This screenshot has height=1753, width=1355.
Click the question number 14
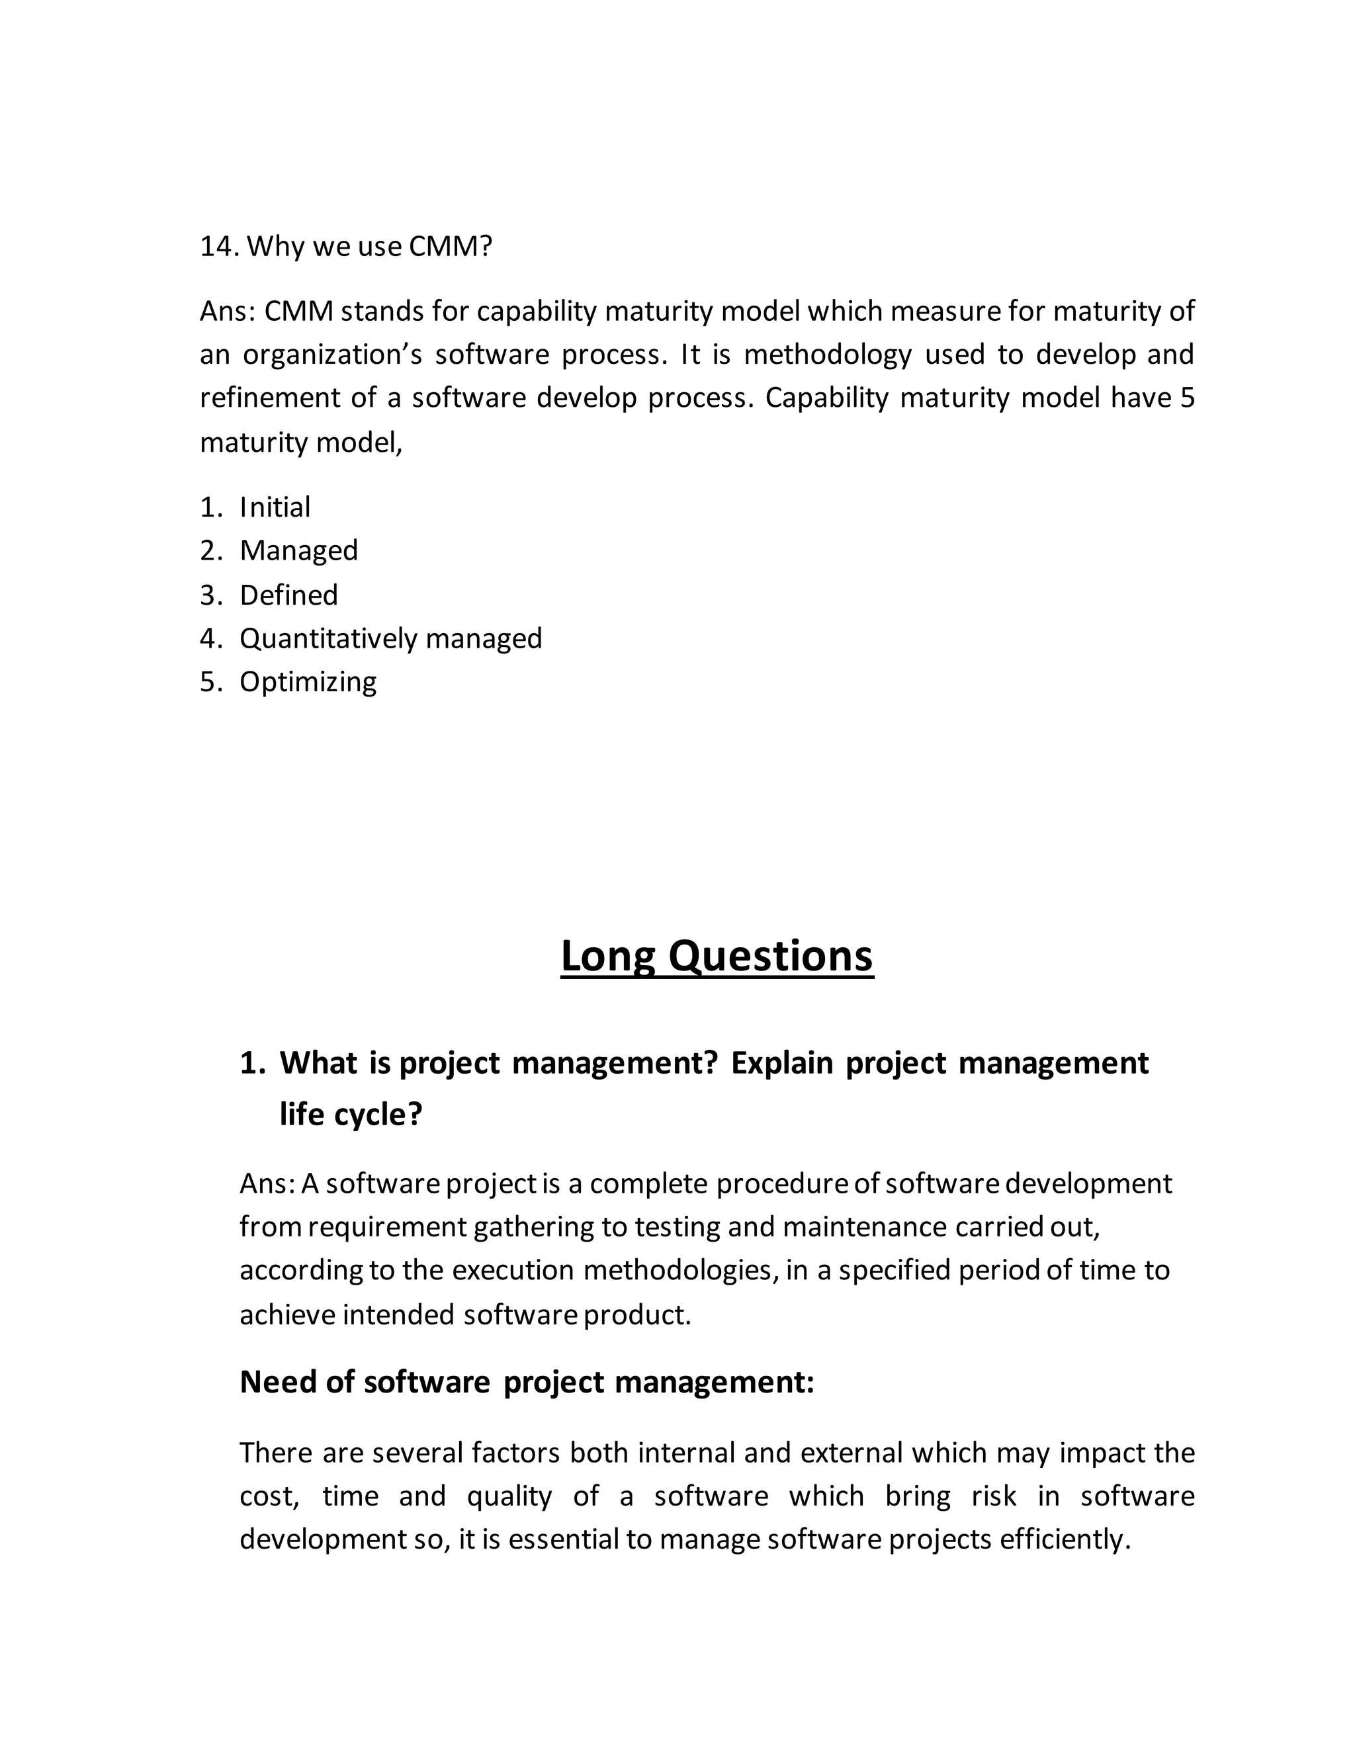[218, 247]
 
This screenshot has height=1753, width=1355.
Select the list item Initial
[275, 507]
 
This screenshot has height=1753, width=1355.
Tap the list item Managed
[298, 550]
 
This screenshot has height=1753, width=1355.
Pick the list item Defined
[289, 595]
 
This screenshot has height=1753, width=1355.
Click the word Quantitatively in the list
[328, 638]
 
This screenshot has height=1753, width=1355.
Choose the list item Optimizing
[308, 681]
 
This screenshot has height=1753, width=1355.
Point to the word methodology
[828, 354]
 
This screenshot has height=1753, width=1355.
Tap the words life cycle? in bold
[350, 1114]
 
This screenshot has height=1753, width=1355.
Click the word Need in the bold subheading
[278, 1381]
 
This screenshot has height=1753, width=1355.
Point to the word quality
[509, 1496]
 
